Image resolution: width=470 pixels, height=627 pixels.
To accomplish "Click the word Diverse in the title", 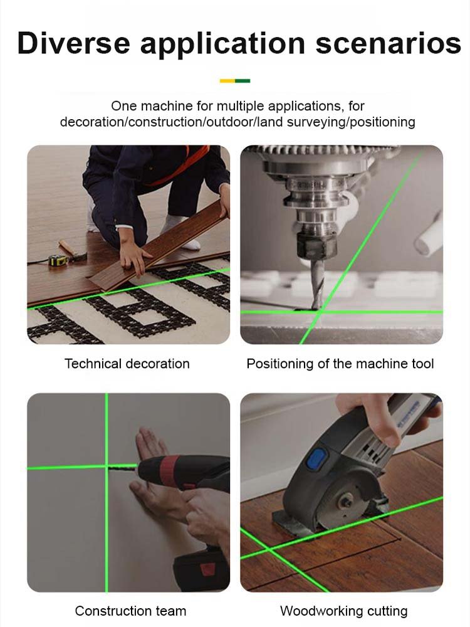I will pos(73,43).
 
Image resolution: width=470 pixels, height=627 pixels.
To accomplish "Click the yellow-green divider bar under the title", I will pos(235,81).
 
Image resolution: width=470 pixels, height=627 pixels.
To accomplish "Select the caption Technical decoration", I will pos(127,364).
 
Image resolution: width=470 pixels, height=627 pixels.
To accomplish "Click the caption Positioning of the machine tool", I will pos(340,364).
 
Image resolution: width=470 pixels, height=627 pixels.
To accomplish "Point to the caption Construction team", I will pos(130,611).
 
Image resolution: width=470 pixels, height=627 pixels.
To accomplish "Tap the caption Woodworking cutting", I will pos(343,611).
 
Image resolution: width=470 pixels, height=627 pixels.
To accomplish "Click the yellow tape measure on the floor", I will pos(58,260).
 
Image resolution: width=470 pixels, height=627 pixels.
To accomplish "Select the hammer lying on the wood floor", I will pos(73,250).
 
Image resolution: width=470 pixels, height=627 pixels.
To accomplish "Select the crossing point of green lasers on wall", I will pos(107,467).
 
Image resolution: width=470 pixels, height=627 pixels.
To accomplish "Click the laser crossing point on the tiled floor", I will pos(270,551).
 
